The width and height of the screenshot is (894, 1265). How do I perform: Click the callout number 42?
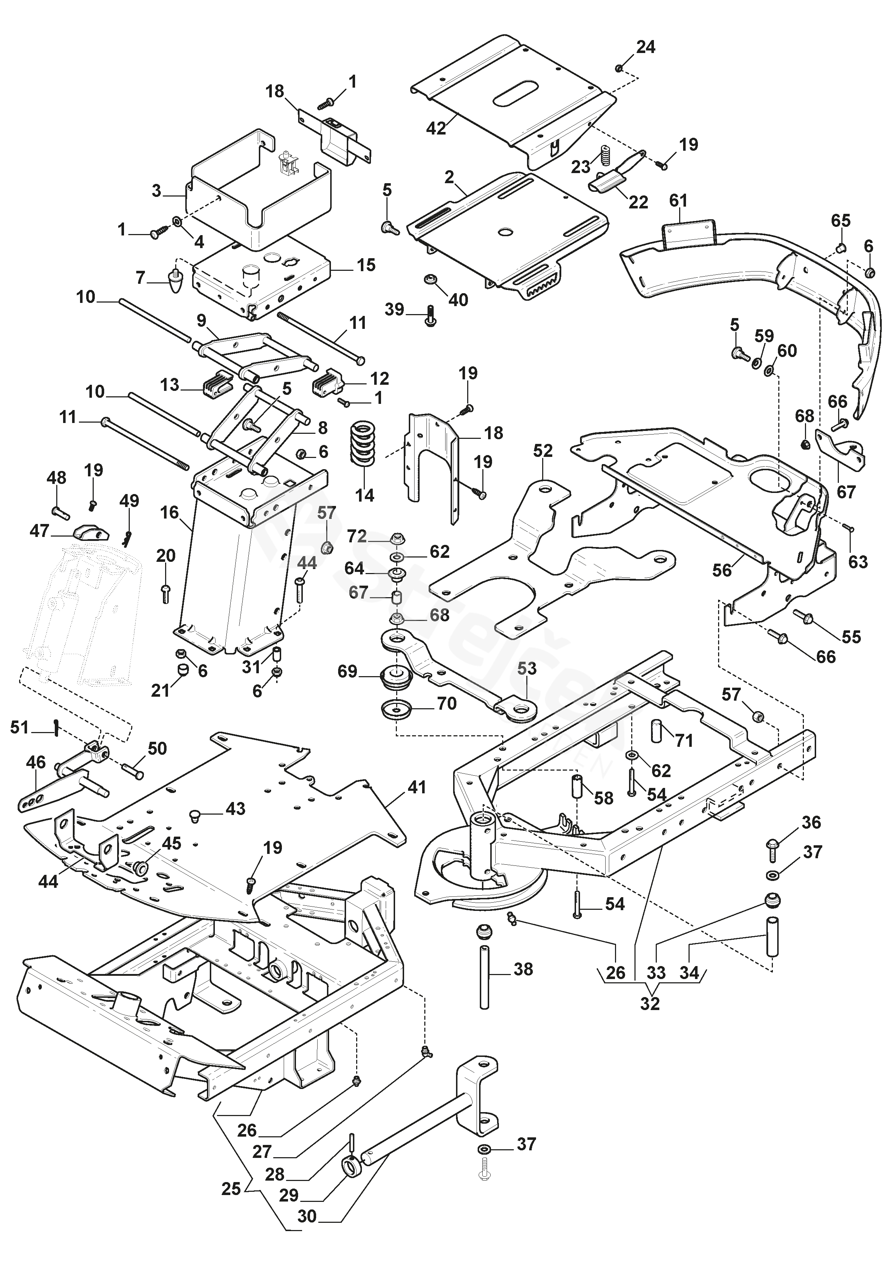tap(436, 128)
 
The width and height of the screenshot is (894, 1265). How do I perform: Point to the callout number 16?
tap(170, 512)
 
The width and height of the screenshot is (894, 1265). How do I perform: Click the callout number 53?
tap(527, 668)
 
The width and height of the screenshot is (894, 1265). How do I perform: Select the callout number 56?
tap(722, 570)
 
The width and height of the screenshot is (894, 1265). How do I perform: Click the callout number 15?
tap(366, 265)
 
